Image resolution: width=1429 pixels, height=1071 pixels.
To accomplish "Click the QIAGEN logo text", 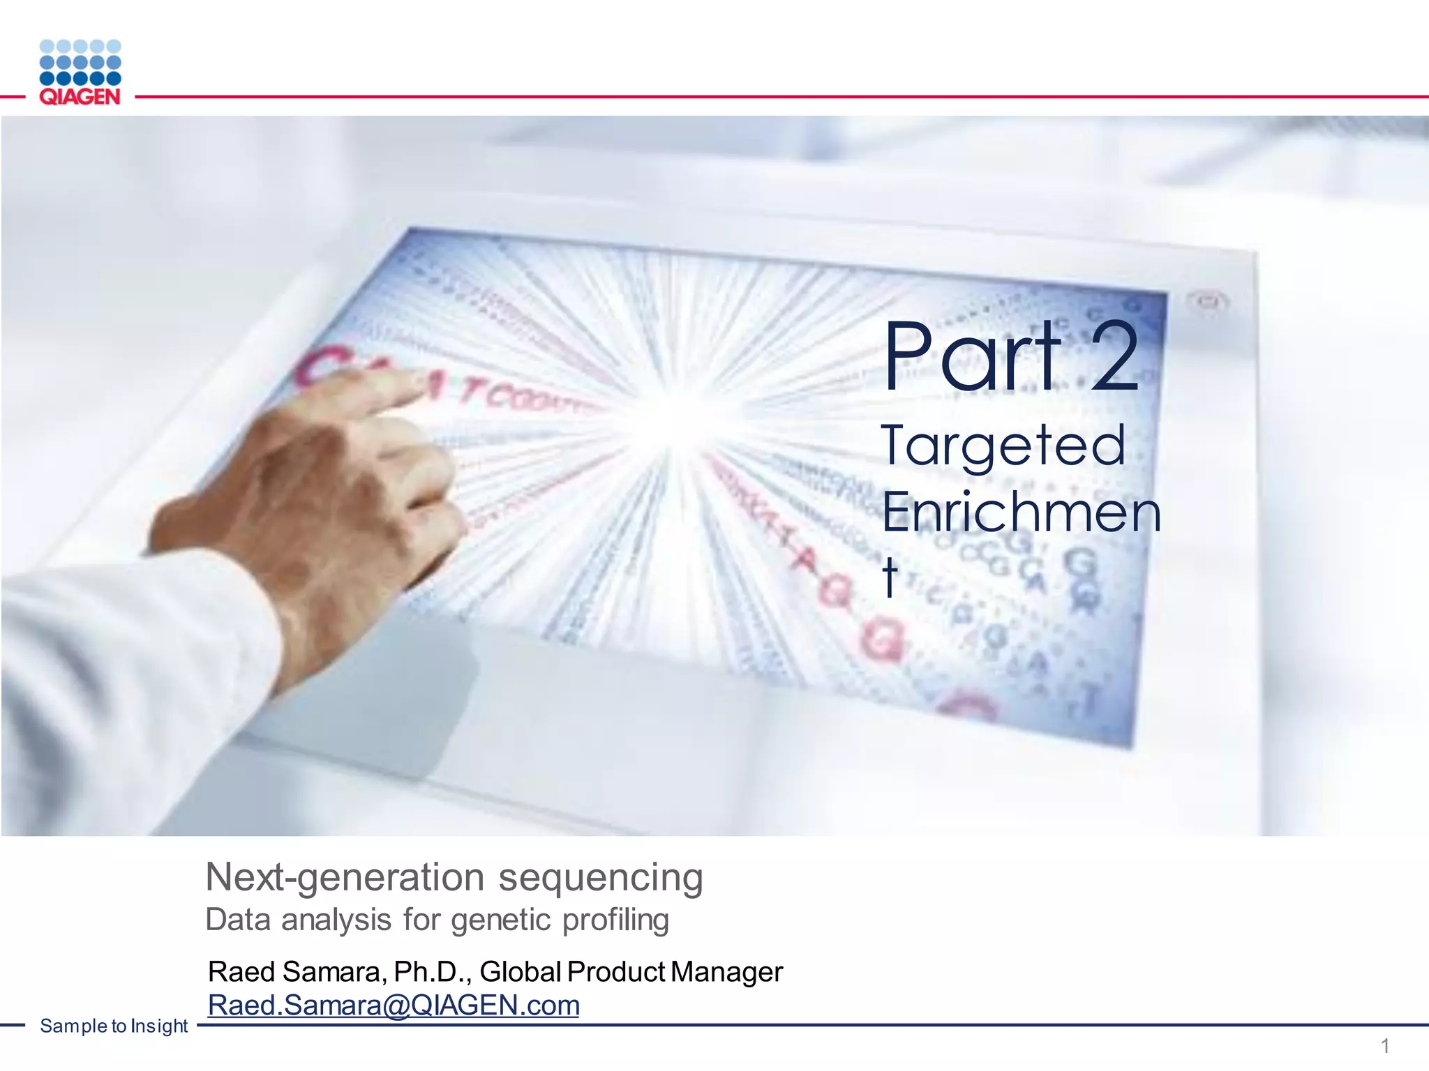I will coord(80,97).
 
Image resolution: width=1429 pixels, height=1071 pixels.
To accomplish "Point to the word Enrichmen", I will coord(1021,513).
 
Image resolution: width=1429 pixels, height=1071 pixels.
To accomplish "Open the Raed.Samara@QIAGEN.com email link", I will coord(394,1005).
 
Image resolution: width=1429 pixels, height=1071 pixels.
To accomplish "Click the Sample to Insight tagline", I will coord(114,1026).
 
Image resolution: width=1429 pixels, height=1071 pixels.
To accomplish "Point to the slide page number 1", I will coord(1385,1046).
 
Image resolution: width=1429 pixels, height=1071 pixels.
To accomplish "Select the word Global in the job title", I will coord(520,972).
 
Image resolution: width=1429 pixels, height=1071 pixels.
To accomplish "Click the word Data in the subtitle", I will coord(238,920).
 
